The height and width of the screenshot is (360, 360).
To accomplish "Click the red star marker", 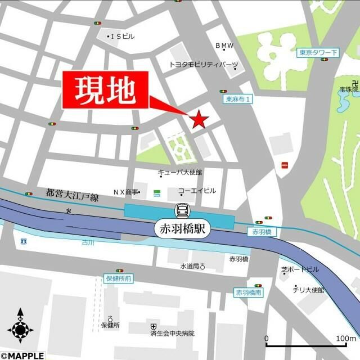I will (x=199, y=119).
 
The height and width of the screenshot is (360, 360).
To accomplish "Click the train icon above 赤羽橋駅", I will (x=183, y=210).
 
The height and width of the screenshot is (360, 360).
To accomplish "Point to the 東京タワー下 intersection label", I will (x=318, y=53).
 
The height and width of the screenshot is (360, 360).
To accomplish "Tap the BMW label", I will (x=224, y=46).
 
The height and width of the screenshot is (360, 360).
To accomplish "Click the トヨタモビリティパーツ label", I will (x=204, y=65).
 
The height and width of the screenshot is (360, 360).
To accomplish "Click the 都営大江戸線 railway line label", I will (x=71, y=195).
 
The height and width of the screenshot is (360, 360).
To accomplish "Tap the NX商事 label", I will (x=125, y=192).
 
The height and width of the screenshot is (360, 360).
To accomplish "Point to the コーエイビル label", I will (x=197, y=191).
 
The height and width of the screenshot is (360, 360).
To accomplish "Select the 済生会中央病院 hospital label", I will (x=172, y=333).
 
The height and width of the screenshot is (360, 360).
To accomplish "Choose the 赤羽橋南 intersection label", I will (x=248, y=293).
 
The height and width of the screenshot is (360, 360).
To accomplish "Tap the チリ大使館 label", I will (x=308, y=290).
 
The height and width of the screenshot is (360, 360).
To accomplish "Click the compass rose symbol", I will (x=20, y=326).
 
